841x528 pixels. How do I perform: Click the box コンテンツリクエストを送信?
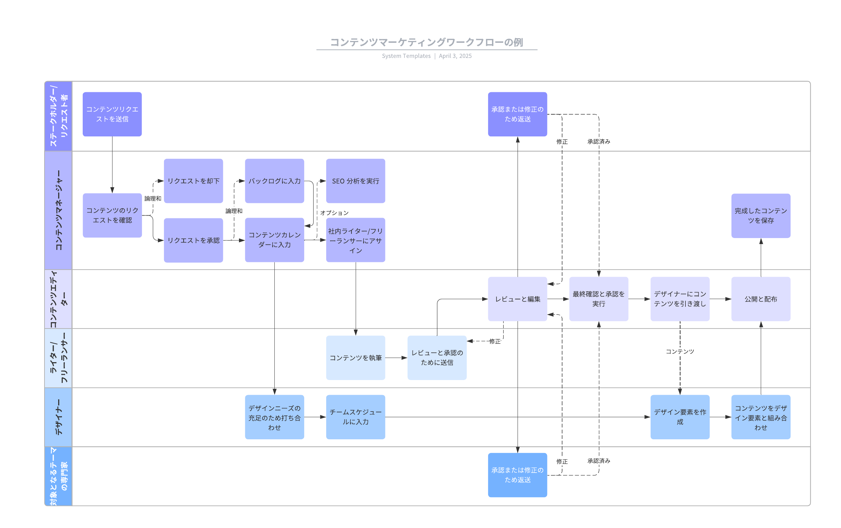point(112,114)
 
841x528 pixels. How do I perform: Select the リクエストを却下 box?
point(193,181)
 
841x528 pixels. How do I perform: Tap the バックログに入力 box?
point(274,181)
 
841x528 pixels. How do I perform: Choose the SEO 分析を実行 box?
point(355,181)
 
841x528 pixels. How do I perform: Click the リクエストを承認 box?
point(193,240)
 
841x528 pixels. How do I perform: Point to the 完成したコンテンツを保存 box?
point(760,216)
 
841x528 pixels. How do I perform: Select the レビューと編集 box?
point(517,299)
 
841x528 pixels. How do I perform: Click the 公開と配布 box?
point(760,299)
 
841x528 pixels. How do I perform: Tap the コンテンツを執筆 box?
point(355,358)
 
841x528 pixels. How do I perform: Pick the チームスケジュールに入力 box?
point(355,417)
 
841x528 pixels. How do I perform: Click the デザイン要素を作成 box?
point(680,417)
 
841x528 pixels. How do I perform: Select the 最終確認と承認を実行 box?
point(599,299)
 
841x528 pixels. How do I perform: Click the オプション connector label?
point(334,213)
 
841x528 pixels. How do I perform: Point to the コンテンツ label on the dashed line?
point(680,351)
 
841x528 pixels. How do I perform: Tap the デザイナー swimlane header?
point(59,417)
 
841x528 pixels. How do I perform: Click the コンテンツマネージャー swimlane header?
point(59,210)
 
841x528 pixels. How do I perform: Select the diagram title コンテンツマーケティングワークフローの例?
point(426,42)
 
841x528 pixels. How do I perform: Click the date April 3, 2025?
point(455,56)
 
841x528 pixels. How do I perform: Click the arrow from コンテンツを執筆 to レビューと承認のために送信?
point(396,358)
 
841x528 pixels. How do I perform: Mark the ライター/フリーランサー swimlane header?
point(59,358)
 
